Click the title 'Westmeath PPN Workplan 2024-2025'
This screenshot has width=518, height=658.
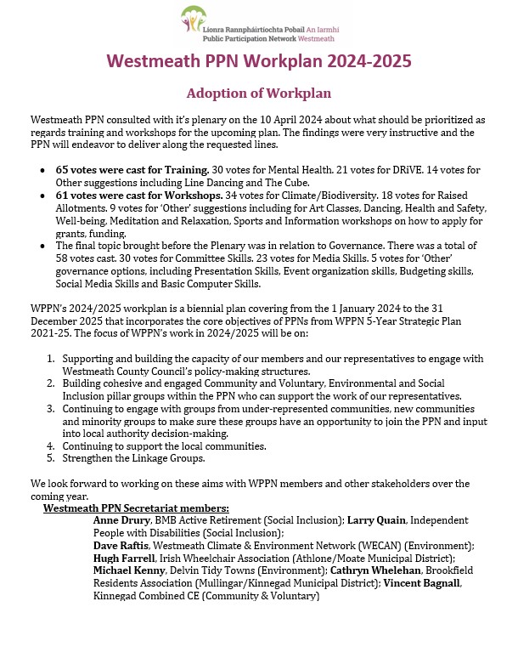pyautogui.click(x=259, y=62)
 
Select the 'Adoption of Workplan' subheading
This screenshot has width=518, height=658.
pyautogui.click(x=258, y=92)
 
